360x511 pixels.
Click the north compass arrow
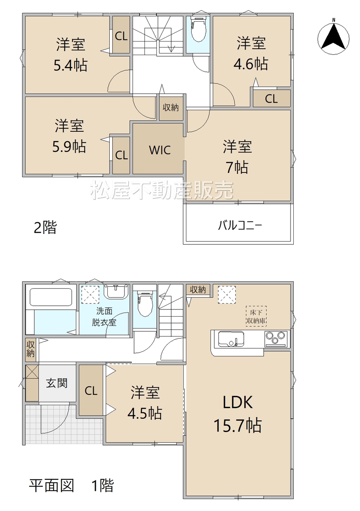pos(333,36)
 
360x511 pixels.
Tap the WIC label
pos(160,150)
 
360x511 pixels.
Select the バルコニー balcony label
pos(240,226)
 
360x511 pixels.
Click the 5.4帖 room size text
pos(70,65)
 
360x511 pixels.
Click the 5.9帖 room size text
pos(69,147)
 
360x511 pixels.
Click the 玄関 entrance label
pos(57,383)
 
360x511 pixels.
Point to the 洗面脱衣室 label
pos(104,317)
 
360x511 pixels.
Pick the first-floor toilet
pos(144,304)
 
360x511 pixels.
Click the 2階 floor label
pos(45,228)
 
